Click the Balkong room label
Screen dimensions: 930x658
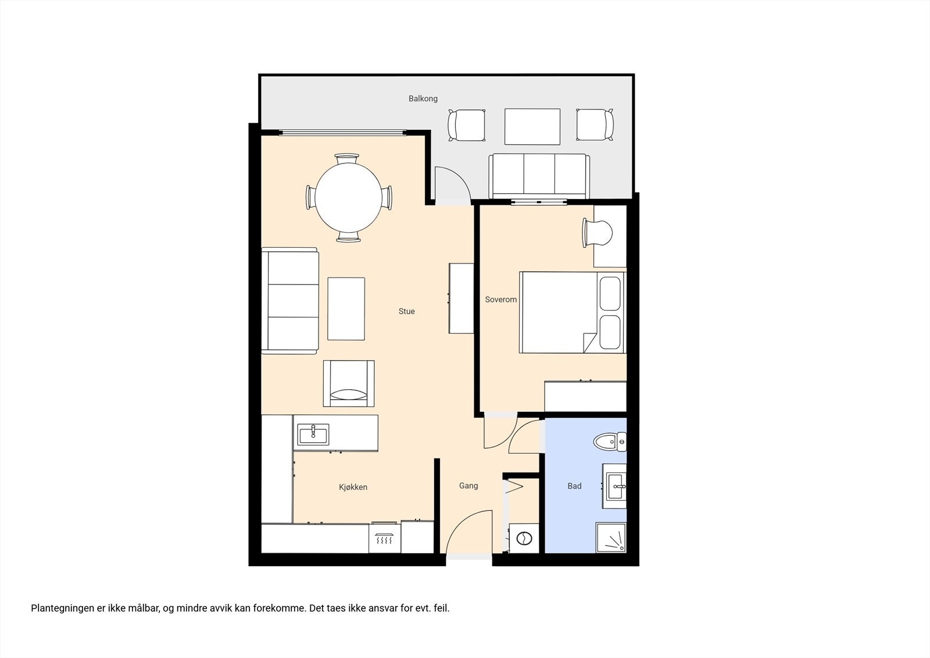pos(423,98)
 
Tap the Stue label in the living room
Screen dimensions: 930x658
pos(406,311)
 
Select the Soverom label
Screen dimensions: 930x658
pos(500,299)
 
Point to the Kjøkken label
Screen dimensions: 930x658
pos(353,487)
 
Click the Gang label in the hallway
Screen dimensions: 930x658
pos(468,485)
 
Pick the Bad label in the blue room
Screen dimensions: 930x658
pos(574,486)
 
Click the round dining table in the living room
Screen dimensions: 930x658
pos(348,198)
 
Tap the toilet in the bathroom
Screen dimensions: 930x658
pos(610,442)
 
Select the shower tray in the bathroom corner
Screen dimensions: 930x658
pos(611,538)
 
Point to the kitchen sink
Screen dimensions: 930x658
pos(313,435)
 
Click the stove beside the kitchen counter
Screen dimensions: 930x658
pos(384,539)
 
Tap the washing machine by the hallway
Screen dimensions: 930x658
pos(524,538)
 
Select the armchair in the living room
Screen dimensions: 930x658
pos(349,383)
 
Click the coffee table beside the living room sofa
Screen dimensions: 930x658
pos(346,309)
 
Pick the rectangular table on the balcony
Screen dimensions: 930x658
pos(532,127)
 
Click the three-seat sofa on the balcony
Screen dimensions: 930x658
pos(539,176)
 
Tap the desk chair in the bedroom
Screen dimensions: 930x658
pos(598,233)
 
